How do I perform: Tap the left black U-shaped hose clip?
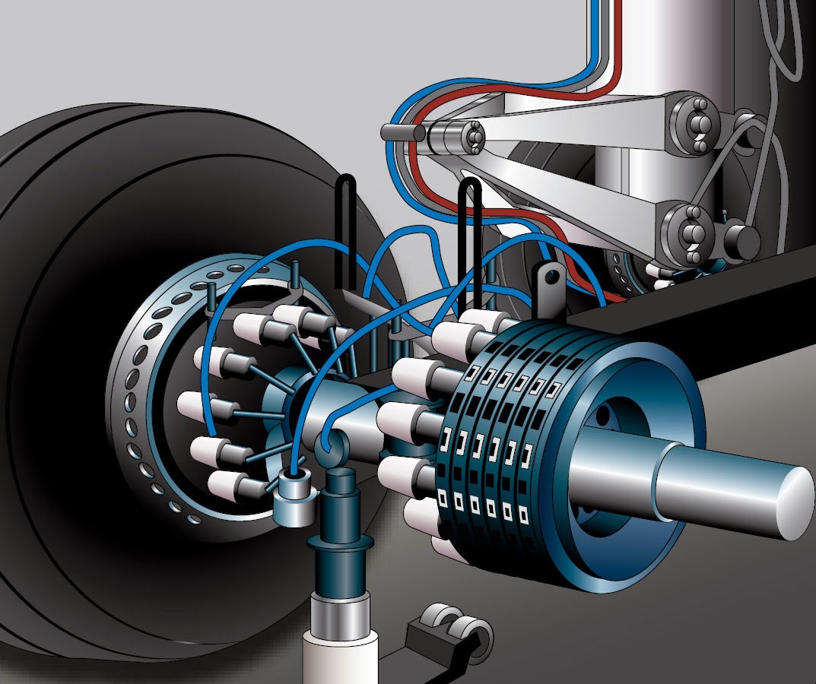(x=347, y=228)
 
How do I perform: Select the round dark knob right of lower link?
(x=741, y=239)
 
